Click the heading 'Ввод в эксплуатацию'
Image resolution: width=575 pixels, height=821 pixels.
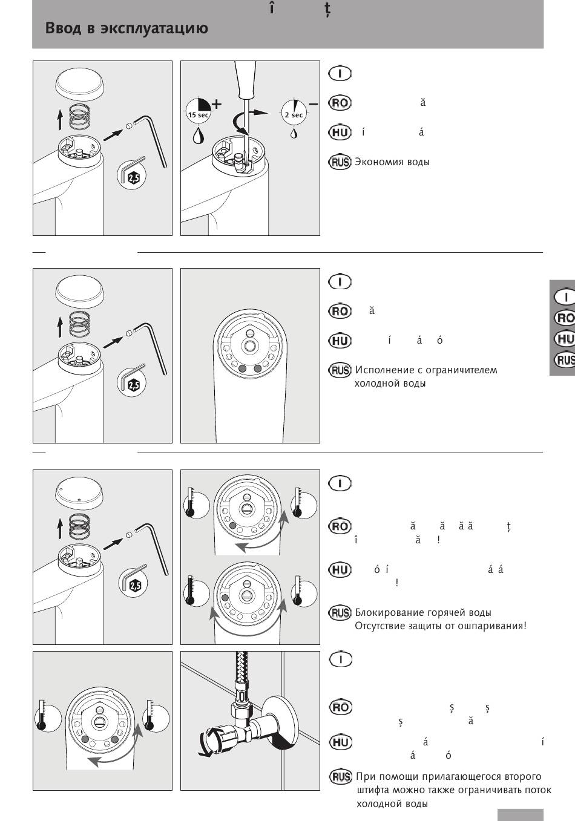click(x=126, y=28)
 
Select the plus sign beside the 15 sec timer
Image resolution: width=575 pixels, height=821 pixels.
click(x=216, y=103)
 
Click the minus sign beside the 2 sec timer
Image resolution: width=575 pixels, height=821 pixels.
click(x=313, y=104)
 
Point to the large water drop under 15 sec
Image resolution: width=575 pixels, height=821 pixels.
click(x=198, y=134)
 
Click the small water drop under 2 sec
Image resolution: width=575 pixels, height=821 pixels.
click(x=294, y=132)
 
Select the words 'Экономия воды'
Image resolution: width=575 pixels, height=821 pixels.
click(x=392, y=162)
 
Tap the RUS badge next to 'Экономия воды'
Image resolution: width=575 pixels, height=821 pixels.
click(x=340, y=162)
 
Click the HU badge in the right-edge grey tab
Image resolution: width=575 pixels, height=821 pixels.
click(x=565, y=339)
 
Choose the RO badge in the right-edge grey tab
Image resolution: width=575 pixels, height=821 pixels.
click(x=565, y=318)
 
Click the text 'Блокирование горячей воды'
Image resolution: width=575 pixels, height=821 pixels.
click(x=423, y=612)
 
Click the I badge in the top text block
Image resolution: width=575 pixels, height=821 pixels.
click(x=340, y=74)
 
